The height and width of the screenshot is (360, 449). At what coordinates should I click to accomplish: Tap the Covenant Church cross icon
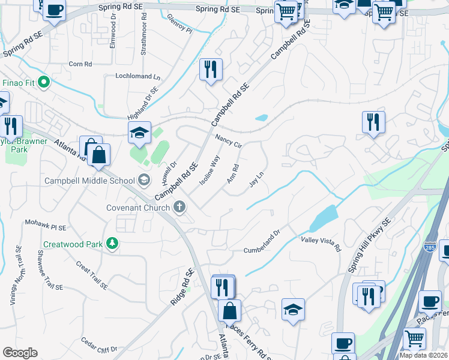point(178,208)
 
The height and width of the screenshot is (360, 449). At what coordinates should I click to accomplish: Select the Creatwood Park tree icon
point(112,243)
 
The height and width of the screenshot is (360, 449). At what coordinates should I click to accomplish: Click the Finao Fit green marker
point(43,82)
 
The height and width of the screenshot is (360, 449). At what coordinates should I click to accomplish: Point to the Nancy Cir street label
point(228,142)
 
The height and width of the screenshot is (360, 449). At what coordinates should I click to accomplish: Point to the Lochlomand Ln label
point(139,77)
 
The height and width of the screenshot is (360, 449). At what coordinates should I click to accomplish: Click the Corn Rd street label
point(80,64)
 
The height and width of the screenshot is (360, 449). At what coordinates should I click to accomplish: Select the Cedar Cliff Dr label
point(99,344)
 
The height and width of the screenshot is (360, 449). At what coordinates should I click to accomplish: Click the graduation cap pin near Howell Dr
point(139,133)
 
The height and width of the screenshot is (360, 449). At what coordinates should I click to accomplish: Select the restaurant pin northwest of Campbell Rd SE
point(211,70)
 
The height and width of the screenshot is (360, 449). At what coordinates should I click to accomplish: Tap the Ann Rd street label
point(233,175)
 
